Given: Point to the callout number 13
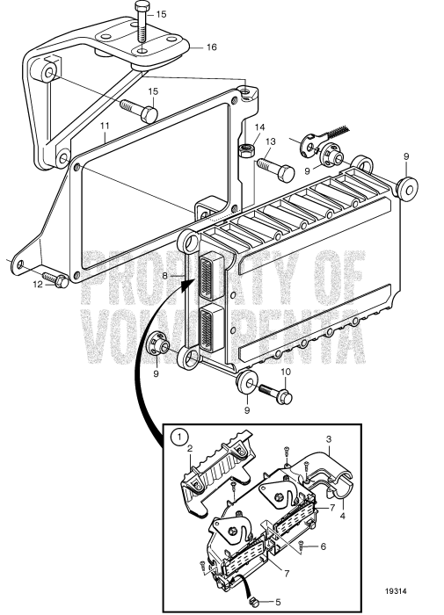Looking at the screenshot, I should [270, 141].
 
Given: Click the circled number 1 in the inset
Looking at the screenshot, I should [179, 436].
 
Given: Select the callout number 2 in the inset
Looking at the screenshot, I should [187, 446].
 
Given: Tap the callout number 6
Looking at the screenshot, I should [324, 546].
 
